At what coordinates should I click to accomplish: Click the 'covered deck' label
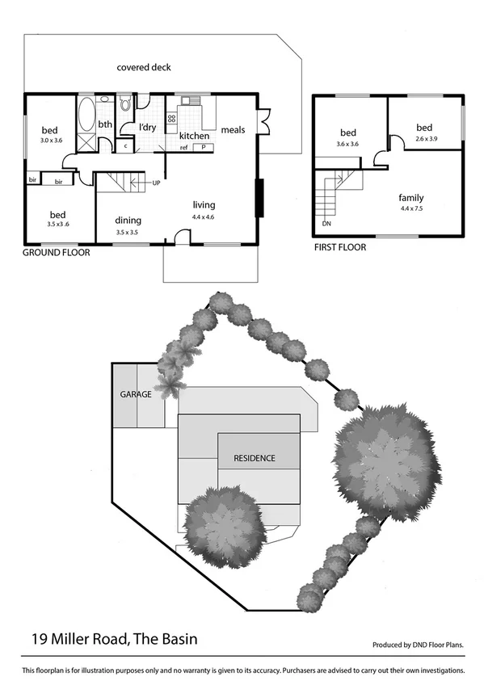[143, 68]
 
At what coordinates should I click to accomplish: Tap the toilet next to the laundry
[124, 104]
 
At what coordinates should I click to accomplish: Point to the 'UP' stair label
[157, 183]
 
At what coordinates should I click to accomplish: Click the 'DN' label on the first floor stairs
[326, 224]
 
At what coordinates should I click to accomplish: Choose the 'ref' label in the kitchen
[184, 148]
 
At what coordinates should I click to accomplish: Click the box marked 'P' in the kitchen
[204, 148]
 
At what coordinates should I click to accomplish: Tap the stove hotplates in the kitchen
[171, 120]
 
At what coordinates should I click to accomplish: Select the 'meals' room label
[233, 130]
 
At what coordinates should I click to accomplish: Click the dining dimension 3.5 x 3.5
[128, 233]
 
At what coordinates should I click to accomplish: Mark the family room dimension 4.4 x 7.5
[410, 209]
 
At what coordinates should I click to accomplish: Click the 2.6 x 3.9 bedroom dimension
[424, 139]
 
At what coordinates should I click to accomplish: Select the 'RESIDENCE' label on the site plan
[255, 458]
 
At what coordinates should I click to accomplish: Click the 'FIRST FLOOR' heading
[339, 248]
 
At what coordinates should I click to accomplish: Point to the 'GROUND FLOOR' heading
[56, 253]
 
